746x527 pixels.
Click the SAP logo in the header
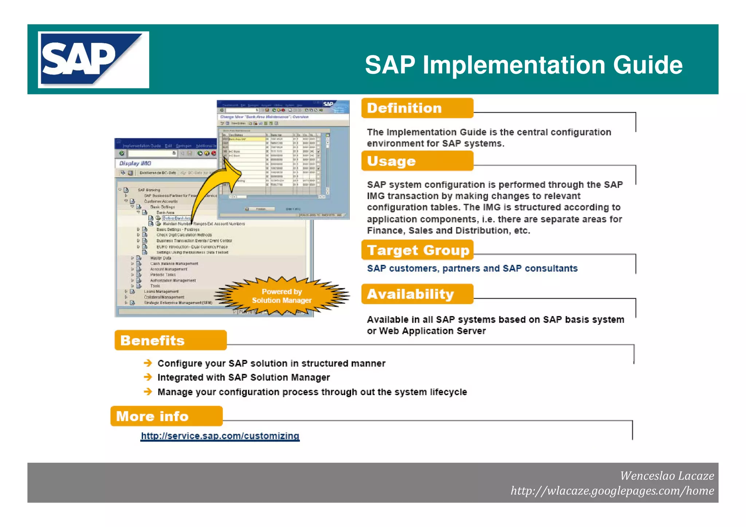point(93,59)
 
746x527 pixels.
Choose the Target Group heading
point(417,250)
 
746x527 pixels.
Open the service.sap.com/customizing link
point(220,436)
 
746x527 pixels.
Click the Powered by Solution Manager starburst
point(282,296)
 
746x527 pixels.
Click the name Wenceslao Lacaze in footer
point(667,476)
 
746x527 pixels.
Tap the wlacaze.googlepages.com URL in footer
point(612,491)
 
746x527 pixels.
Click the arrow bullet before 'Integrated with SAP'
point(148,377)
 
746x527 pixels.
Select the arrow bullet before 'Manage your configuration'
point(148,392)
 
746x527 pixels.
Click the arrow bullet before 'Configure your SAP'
point(148,363)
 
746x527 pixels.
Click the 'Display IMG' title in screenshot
point(135,164)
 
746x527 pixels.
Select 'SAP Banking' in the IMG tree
point(149,190)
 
